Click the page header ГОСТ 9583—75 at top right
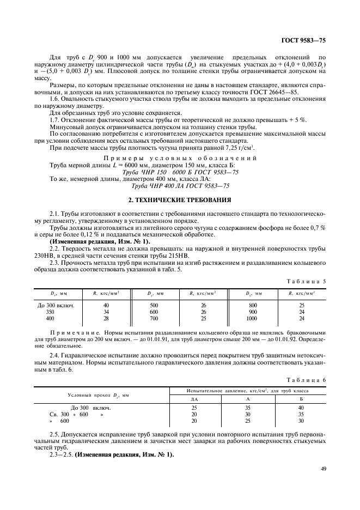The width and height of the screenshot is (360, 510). click(303, 41)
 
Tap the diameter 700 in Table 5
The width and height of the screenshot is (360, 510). click(154, 318)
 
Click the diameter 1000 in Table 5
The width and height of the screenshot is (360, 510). click(251, 318)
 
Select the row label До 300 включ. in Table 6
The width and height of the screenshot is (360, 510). click(90, 408)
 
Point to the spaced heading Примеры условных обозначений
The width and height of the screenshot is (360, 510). click(180, 157)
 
